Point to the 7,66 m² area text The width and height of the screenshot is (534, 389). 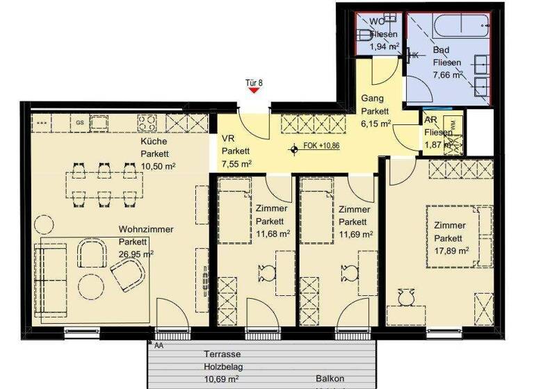447,75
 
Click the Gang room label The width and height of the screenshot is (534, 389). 372,99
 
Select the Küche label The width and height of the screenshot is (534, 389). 153,142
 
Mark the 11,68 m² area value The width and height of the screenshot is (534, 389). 273,233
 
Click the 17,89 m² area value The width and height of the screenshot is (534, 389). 451,250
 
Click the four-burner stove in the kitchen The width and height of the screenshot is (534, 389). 149,122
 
